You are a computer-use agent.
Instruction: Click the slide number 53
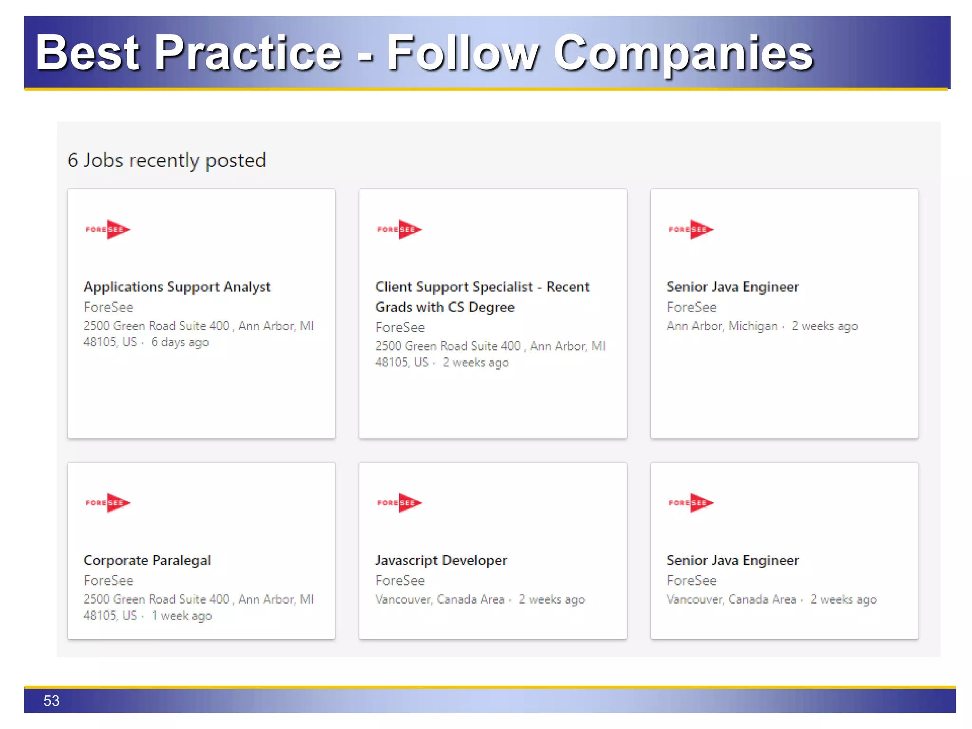pyautogui.click(x=51, y=701)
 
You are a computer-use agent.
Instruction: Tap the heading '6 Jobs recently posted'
pyautogui.click(x=167, y=160)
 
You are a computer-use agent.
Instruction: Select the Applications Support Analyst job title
pyautogui.click(x=177, y=287)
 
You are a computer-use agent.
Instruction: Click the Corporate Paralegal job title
pyautogui.click(x=147, y=560)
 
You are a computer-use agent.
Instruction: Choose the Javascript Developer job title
pyautogui.click(x=441, y=560)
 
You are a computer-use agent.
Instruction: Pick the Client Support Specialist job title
pyautogui.click(x=482, y=297)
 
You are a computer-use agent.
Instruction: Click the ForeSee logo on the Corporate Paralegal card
pyautogui.click(x=108, y=503)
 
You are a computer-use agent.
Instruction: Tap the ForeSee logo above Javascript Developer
pyautogui.click(x=399, y=503)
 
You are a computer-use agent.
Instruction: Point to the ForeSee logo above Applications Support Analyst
pyautogui.click(x=108, y=229)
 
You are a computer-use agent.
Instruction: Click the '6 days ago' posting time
pyautogui.click(x=180, y=342)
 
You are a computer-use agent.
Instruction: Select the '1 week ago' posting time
pyautogui.click(x=182, y=616)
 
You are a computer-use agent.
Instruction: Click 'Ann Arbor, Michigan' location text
pyautogui.click(x=722, y=326)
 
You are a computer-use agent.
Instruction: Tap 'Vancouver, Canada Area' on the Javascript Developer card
pyautogui.click(x=439, y=599)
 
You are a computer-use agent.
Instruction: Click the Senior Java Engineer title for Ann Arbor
pyautogui.click(x=732, y=287)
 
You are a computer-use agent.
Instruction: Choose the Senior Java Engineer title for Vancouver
pyautogui.click(x=732, y=560)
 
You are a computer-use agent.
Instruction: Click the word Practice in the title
pyautogui.click(x=248, y=53)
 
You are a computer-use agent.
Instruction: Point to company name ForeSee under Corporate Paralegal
pyautogui.click(x=108, y=580)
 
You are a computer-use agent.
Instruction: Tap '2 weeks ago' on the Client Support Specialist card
pyautogui.click(x=476, y=363)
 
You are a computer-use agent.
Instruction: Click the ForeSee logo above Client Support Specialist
pyautogui.click(x=399, y=229)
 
